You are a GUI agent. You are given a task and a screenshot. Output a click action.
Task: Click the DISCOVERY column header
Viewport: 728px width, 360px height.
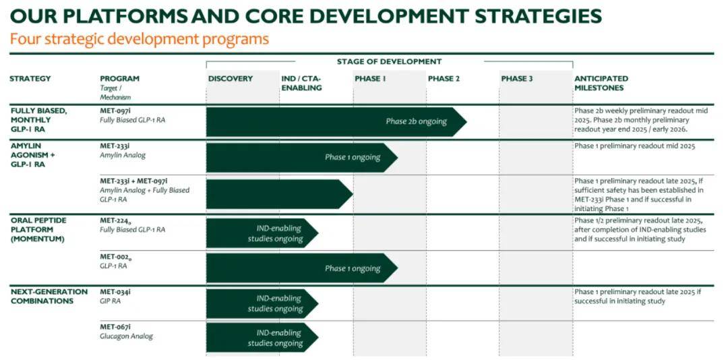[231, 78]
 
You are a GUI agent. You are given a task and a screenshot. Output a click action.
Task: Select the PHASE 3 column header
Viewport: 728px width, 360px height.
[517, 78]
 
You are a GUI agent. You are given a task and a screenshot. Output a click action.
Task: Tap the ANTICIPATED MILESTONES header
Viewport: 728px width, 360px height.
[601, 83]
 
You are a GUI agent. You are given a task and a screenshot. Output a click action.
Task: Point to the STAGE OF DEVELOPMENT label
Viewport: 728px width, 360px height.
[389, 61]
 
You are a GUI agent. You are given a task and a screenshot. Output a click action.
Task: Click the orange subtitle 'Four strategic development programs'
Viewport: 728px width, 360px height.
[140, 38]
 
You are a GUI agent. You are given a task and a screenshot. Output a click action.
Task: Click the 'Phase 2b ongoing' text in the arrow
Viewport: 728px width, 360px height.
[416, 122]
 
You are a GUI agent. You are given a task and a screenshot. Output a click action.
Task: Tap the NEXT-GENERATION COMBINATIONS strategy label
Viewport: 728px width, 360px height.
[49, 297]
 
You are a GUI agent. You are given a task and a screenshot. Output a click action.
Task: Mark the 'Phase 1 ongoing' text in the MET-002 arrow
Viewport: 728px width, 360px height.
[353, 268]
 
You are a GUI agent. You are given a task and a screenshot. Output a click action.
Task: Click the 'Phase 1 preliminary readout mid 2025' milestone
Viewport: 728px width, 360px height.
[635, 146]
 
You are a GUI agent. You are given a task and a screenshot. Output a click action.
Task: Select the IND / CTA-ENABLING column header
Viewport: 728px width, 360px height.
[301, 83]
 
